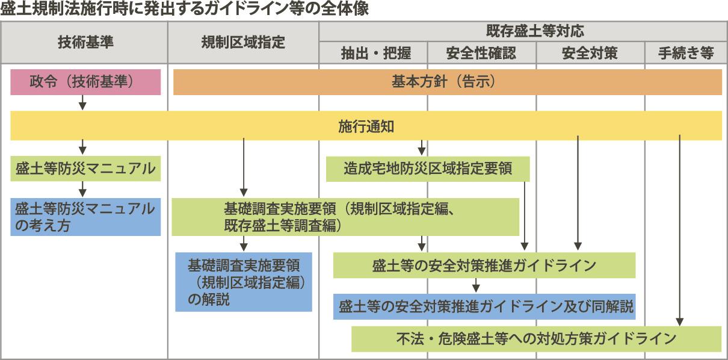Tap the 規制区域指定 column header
(x=243, y=42)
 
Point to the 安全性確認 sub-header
(x=481, y=53)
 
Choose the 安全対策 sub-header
(x=590, y=53)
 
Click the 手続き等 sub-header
(x=685, y=53)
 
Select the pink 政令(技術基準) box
(x=85, y=82)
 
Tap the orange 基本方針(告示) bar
(x=447, y=82)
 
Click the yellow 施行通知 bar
(x=366, y=125)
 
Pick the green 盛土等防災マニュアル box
(x=85, y=169)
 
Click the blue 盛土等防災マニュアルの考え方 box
(x=85, y=217)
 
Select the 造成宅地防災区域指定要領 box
(x=428, y=169)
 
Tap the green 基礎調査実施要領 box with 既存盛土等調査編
(x=345, y=217)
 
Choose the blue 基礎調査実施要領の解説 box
(x=244, y=282)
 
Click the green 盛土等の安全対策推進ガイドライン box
(x=484, y=265)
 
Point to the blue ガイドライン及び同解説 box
(x=484, y=306)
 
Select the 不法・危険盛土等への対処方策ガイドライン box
(x=536, y=339)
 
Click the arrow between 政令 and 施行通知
(x=83, y=103)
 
